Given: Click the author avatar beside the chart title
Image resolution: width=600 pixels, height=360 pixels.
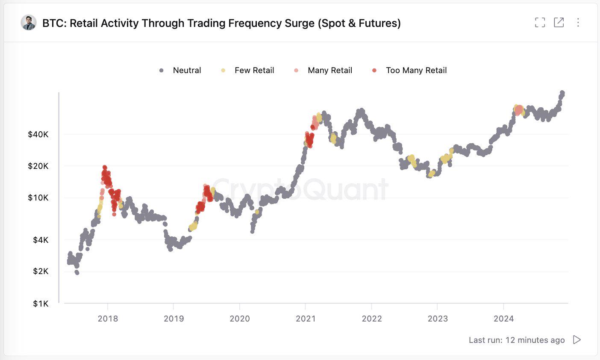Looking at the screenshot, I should click(x=28, y=23).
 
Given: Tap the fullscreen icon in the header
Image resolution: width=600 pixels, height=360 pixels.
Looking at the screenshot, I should click(x=540, y=23).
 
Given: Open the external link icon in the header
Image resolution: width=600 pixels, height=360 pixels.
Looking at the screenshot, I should click(x=559, y=23).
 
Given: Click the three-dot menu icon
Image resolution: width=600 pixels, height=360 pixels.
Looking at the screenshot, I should click(x=578, y=23).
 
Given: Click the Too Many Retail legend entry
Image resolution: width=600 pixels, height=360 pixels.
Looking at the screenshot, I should click(x=410, y=71).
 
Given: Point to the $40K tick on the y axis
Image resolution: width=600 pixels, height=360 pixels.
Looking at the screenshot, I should click(x=38, y=134).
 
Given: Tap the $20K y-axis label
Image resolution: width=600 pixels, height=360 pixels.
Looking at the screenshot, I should click(x=38, y=166).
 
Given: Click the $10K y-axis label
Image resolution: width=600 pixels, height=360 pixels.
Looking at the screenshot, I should click(x=38, y=198).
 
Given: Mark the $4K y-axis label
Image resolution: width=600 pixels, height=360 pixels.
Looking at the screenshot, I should click(x=41, y=240).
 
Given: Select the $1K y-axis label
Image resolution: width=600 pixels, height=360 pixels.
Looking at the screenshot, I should click(x=41, y=304).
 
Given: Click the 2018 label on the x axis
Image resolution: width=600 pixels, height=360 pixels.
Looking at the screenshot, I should click(x=108, y=319).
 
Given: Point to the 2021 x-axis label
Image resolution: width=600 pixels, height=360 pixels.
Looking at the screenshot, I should click(x=306, y=319).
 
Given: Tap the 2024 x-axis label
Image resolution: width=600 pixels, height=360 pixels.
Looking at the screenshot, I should click(x=503, y=319).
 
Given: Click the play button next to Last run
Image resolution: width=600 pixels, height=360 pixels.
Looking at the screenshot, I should click(x=577, y=340).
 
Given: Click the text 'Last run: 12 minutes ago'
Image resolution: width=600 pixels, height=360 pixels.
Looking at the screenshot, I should click(x=516, y=340).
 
